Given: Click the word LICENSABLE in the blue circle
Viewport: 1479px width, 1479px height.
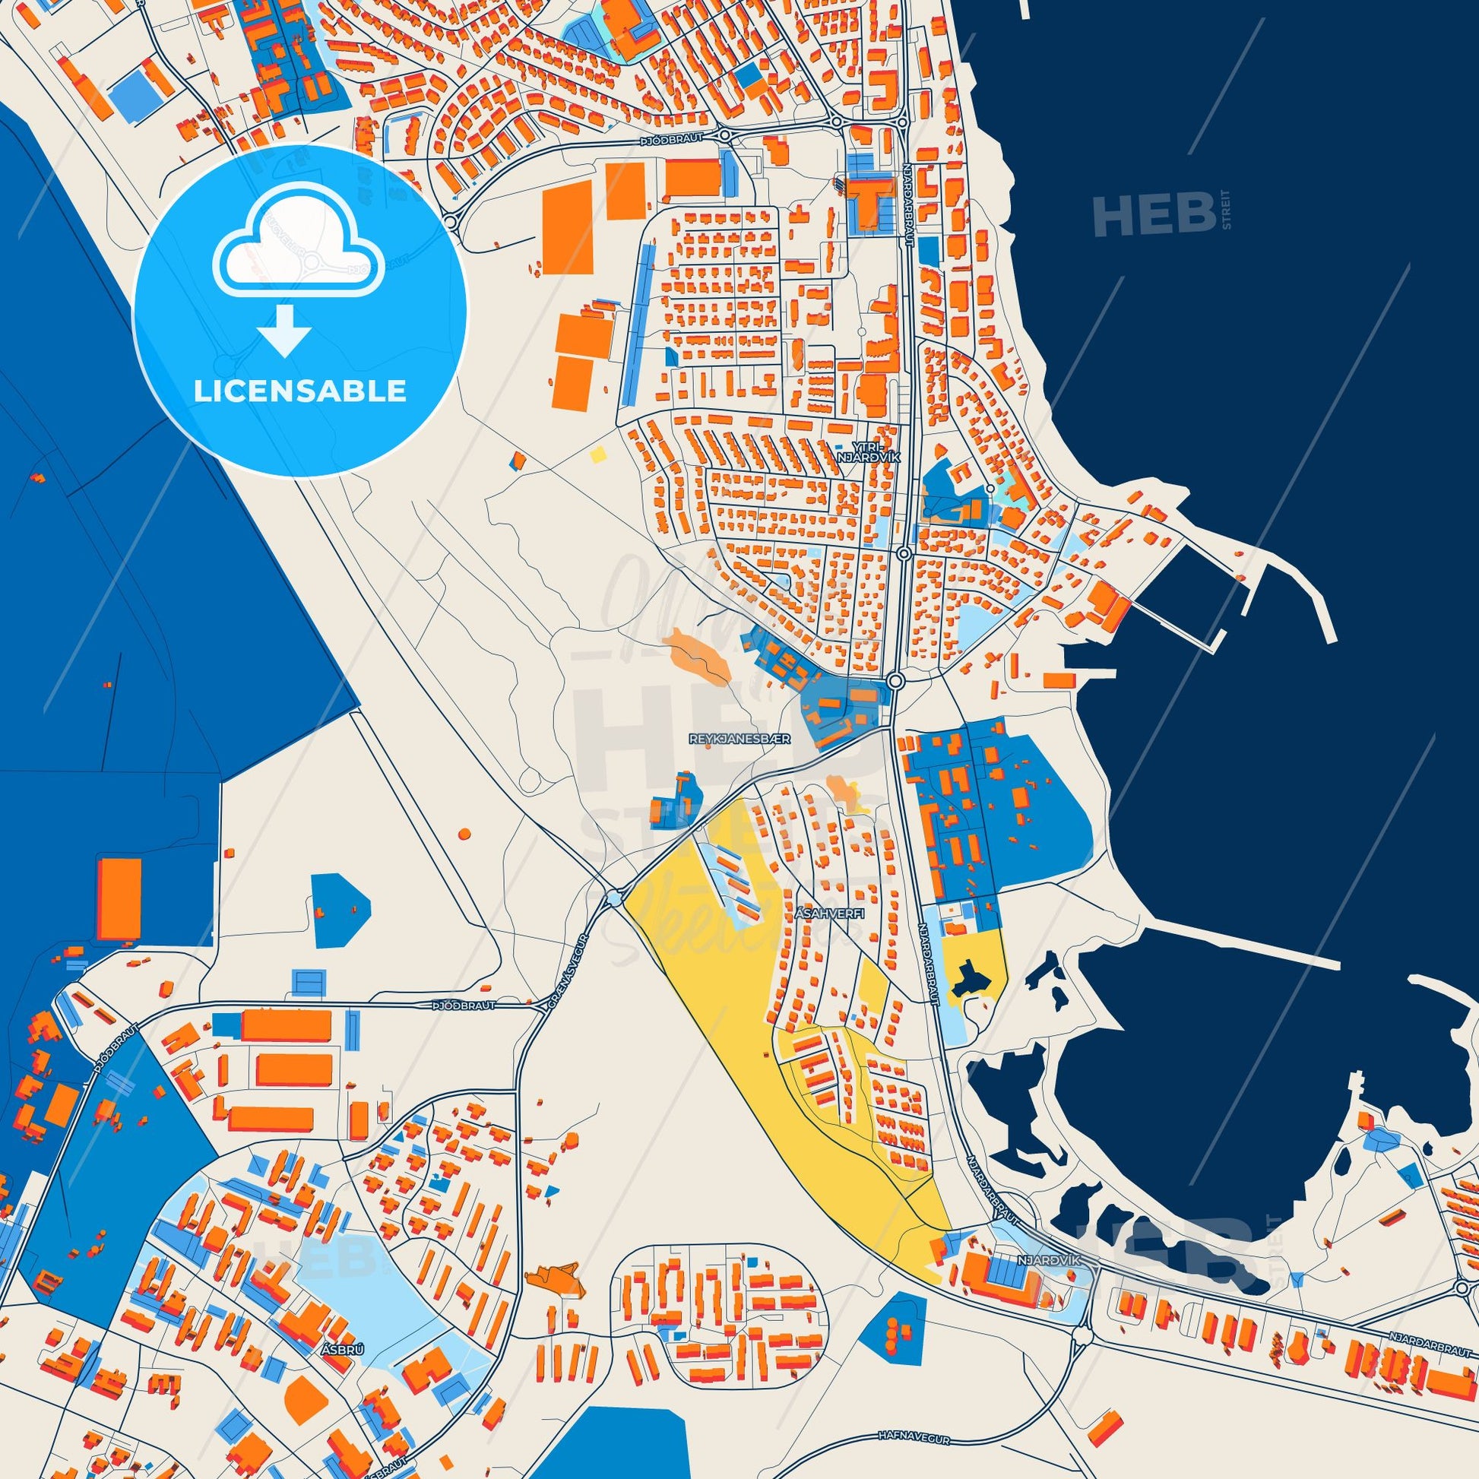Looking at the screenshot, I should pos(299,391).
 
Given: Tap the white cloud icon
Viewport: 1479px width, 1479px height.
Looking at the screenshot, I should pos(300,246).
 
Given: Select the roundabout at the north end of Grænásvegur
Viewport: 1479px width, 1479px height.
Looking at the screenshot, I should pos(615,897).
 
